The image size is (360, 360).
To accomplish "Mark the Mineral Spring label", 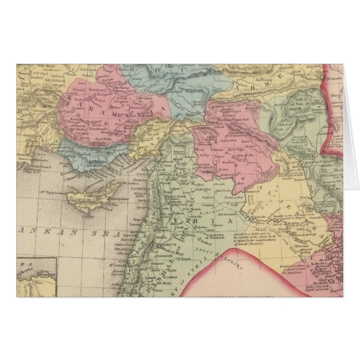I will tap(315, 241).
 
